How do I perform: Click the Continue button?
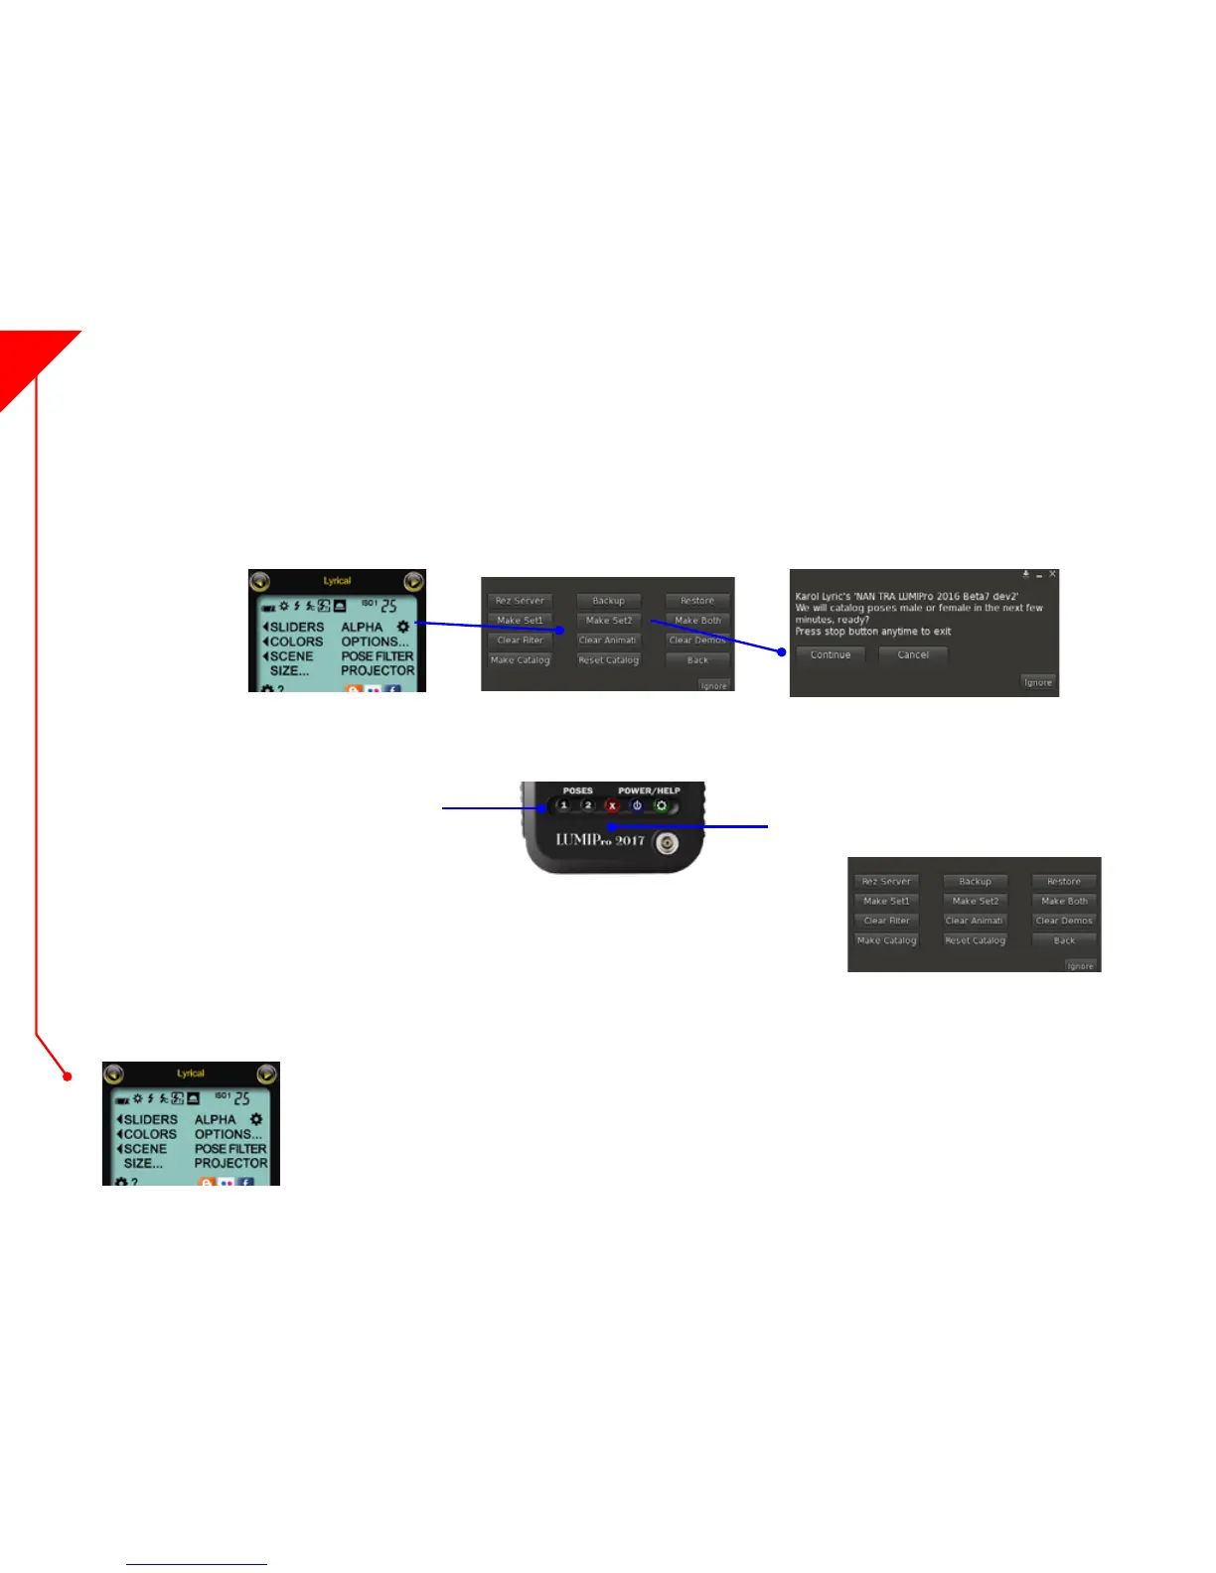click(x=831, y=655)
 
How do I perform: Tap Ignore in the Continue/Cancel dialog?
click(x=1038, y=682)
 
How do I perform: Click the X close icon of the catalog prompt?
click(x=1053, y=574)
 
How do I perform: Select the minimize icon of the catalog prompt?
click(x=1039, y=575)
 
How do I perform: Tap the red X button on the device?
click(x=612, y=805)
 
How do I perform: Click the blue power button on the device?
click(x=637, y=805)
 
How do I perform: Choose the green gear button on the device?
click(x=661, y=805)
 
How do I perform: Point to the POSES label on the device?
click(x=577, y=790)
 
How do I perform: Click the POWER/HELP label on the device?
click(x=649, y=790)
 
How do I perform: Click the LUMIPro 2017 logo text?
click(x=600, y=840)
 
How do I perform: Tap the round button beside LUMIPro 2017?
click(x=668, y=843)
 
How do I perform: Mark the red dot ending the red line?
click(x=68, y=1075)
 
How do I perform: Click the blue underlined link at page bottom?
click(x=197, y=1564)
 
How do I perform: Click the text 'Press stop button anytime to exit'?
click(x=873, y=632)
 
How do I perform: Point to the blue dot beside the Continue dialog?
click(x=782, y=652)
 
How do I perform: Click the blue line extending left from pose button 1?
click(x=487, y=808)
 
